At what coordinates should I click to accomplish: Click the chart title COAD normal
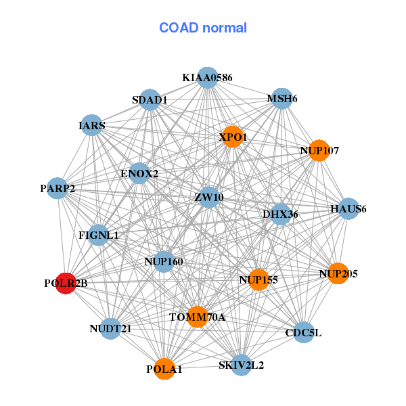click(203, 28)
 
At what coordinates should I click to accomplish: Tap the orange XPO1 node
click(233, 136)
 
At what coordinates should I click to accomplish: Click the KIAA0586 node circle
click(207, 78)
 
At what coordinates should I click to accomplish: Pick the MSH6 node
click(281, 99)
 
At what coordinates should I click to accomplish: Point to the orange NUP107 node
click(319, 150)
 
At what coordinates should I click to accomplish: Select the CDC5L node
click(303, 332)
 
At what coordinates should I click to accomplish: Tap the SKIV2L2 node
click(242, 365)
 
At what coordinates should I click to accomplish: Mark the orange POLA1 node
click(164, 369)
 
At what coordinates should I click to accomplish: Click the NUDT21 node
click(110, 328)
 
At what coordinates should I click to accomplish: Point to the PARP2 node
click(58, 187)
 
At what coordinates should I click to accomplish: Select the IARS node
click(92, 125)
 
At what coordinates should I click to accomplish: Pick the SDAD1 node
click(150, 100)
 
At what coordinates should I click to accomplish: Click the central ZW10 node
click(209, 198)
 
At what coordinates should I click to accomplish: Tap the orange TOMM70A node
click(197, 316)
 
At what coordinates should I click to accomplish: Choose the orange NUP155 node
click(258, 278)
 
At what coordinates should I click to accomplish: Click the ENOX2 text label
click(139, 174)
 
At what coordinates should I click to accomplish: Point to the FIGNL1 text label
click(99, 235)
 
